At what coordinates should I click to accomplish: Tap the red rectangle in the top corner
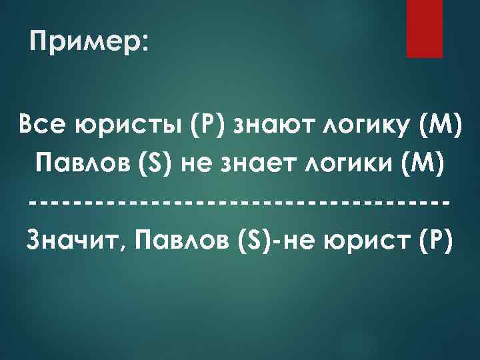click(425, 28)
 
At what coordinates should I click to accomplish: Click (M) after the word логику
click(437, 125)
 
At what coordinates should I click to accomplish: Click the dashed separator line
click(239, 201)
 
